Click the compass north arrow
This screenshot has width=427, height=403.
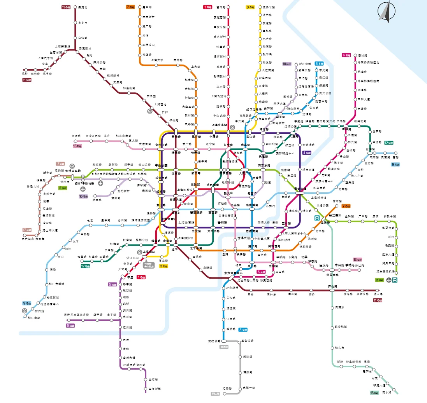coord(385,11)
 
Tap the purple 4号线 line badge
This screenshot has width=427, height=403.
coord(307,152)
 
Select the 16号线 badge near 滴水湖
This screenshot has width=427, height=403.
coord(374,393)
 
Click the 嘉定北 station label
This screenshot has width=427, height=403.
coord(83,7)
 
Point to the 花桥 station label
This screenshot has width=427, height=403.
coord(25,73)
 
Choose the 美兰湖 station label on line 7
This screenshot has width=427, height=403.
coord(147,7)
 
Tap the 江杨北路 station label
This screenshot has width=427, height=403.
coord(269,7)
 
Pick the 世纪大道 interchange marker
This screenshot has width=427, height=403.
coord(300,189)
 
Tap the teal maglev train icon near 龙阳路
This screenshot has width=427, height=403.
coord(317,218)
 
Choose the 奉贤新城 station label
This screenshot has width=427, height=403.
coord(155,389)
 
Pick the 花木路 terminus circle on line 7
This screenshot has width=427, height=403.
coord(335,206)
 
